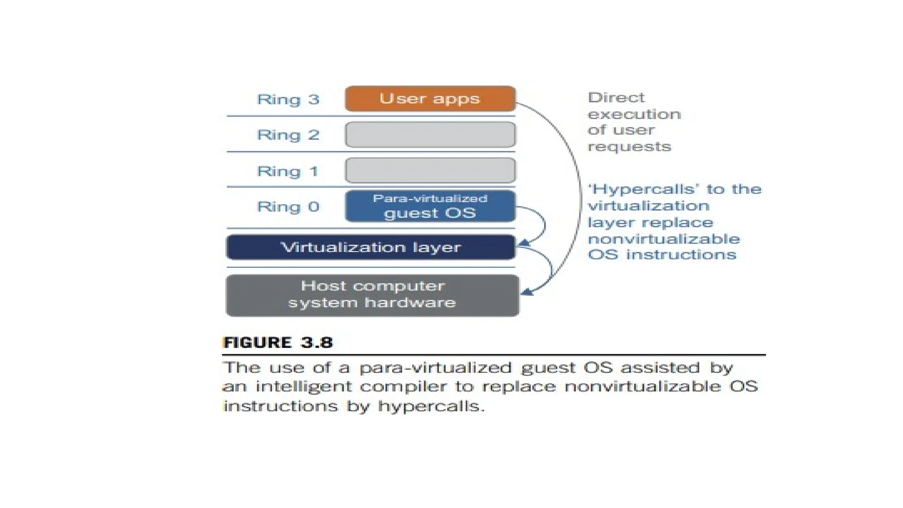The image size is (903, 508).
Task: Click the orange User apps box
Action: pyautogui.click(x=430, y=98)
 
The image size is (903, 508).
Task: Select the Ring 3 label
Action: pyautogui.click(x=288, y=99)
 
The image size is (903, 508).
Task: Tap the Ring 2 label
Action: pyautogui.click(x=288, y=135)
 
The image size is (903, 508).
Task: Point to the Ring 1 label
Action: pyautogui.click(x=288, y=171)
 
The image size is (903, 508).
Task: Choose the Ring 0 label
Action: pyautogui.click(x=288, y=206)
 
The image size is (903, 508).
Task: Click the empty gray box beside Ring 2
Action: pyautogui.click(x=430, y=134)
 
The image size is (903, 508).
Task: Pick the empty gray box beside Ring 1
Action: pyautogui.click(x=430, y=170)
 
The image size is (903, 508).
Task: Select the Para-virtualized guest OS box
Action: pyautogui.click(x=430, y=206)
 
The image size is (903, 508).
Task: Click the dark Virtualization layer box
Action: pyautogui.click(x=370, y=247)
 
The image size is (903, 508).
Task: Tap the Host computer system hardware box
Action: pyautogui.click(x=372, y=295)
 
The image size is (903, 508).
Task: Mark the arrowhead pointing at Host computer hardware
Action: pyautogui.click(x=526, y=291)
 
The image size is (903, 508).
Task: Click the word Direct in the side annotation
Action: pyautogui.click(x=616, y=97)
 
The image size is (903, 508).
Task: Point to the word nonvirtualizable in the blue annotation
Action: pyautogui.click(x=664, y=239)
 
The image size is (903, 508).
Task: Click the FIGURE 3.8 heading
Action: pyautogui.click(x=278, y=343)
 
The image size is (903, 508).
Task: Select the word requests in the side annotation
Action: pyautogui.click(x=629, y=146)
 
